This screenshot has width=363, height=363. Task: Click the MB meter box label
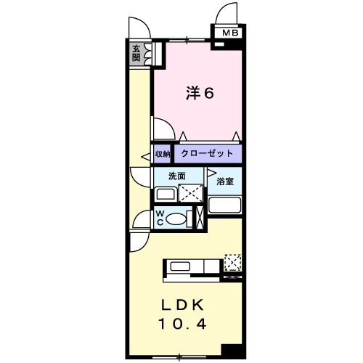tap(229, 33)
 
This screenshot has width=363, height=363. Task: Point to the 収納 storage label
tap(162, 154)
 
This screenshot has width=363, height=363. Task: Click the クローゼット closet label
tap(207, 154)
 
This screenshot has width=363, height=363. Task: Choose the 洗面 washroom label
tap(176, 176)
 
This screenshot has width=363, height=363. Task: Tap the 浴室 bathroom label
tap(225, 182)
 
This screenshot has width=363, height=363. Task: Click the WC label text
tap(161, 218)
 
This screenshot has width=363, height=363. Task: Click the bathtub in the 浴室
tap(225, 204)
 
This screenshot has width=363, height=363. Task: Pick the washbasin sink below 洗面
tap(166, 194)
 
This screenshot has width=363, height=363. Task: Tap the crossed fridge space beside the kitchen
tap(233, 261)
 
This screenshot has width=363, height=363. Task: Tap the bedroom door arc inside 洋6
tap(164, 129)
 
